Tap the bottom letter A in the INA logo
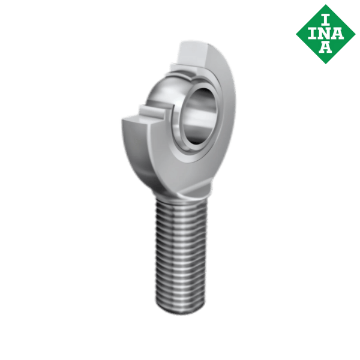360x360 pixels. (326, 48)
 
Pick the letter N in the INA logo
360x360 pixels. (326, 32)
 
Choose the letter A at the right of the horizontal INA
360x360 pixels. (340, 32)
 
